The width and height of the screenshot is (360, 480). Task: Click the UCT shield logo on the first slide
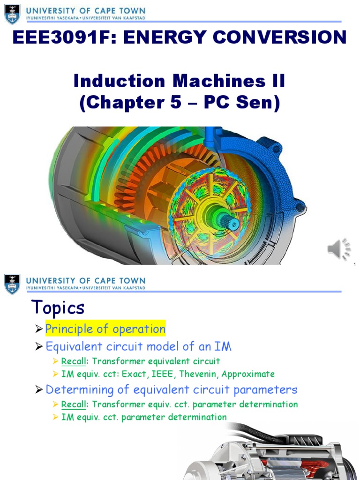(12, 14)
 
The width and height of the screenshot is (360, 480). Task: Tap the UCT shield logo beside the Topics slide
(12, 284)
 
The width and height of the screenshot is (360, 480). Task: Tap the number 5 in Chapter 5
(175, 103)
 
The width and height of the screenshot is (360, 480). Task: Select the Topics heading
(58, 307)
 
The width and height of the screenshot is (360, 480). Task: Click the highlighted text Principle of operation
(105, 329)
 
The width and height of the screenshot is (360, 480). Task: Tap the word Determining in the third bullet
(80, 390)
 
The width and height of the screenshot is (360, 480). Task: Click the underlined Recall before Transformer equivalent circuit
(74, 361)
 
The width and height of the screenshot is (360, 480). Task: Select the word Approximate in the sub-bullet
(248, 374)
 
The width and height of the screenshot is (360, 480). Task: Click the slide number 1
(355, 264)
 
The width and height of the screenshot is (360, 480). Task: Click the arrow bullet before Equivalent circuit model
(38, 347)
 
